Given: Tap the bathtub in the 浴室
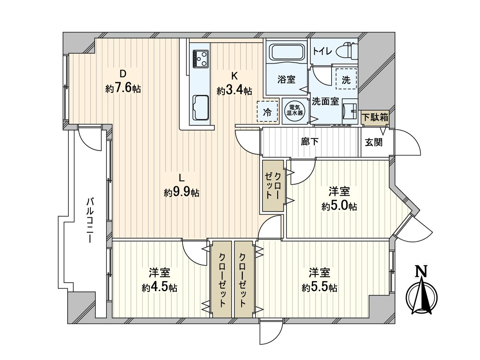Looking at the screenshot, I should click(287, 52).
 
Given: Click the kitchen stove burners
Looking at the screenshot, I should click(200, 58).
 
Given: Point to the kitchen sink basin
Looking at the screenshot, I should click(200, 107).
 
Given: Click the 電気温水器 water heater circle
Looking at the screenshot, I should click(294, 110).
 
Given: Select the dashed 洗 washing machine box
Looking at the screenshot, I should click(346, 79).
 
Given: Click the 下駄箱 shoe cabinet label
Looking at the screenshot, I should click(375, 118).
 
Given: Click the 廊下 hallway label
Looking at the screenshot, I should click(310, 142).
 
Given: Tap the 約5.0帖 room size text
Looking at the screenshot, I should click(339, 206).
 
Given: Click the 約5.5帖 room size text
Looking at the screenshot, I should click(319, 287).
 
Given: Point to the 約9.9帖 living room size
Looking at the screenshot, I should click(182, 193).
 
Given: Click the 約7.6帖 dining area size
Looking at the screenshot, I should click(123, 89).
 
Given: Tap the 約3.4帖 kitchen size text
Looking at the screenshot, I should click(234, 91).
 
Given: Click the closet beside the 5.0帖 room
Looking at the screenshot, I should click(273, 186).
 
